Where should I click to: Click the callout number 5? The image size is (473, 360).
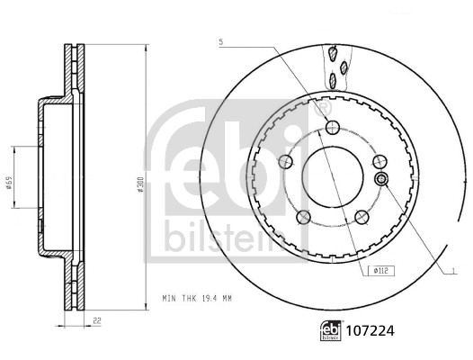pos(220,41)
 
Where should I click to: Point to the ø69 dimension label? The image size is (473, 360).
pos(9,183)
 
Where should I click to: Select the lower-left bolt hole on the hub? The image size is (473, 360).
pos(304,216)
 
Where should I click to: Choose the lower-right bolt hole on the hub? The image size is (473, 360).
pos(361,216)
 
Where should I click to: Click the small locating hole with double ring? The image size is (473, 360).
pos(381,181)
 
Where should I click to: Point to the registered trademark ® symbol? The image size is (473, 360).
pos(323,107)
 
